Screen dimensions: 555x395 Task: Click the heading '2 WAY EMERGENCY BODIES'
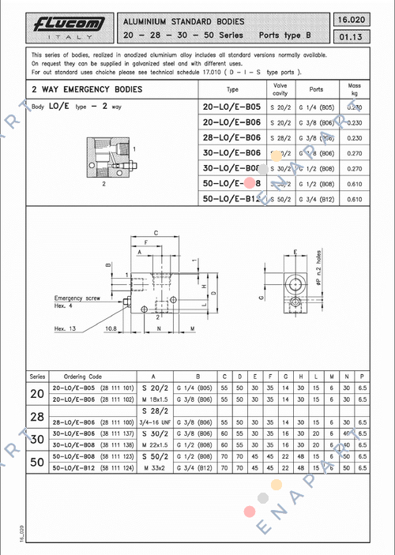coord(87,89)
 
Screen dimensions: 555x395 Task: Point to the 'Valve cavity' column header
coord(280,89)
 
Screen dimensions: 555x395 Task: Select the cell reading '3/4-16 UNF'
coord(156,423)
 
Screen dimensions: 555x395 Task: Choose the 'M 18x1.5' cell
coord(156,400)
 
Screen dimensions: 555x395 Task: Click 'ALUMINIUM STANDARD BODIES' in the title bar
coord(183,21)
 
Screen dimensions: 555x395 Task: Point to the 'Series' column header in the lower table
coord(37,377)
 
